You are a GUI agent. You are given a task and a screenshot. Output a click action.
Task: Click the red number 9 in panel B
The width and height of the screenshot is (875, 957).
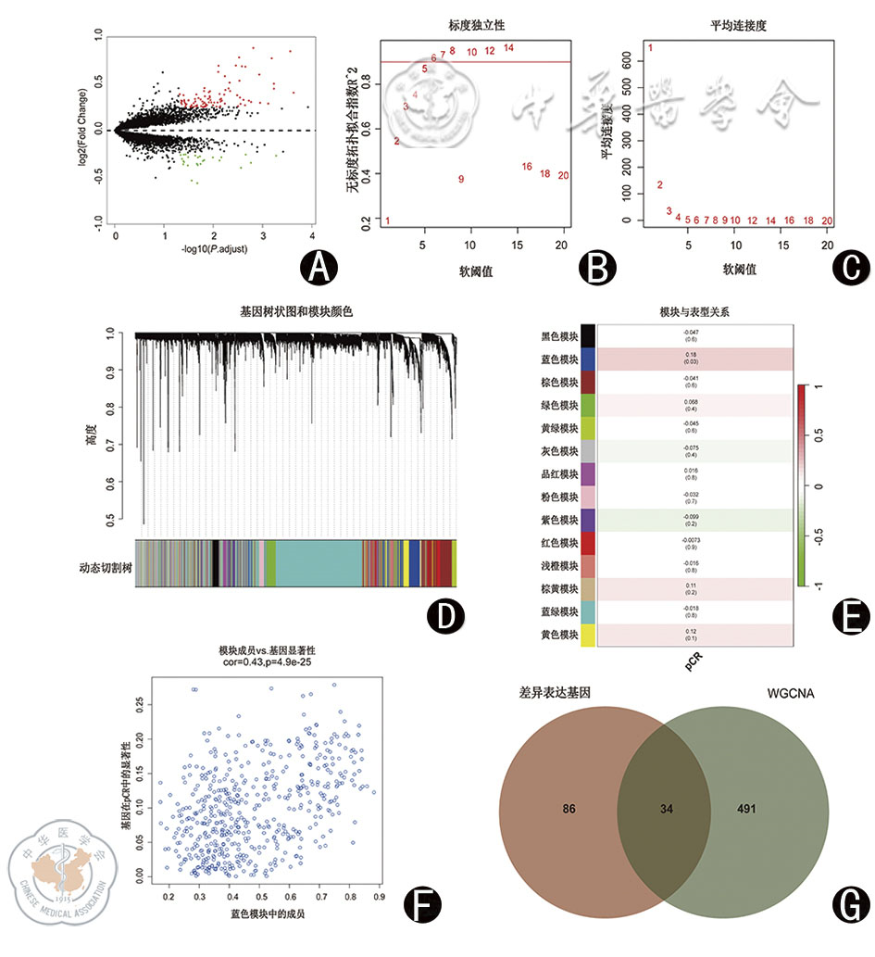pyautogui.click(x=460, y=179)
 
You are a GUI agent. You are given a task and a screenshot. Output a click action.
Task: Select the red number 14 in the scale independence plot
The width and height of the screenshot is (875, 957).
pyautogui.click(x=508, y=47)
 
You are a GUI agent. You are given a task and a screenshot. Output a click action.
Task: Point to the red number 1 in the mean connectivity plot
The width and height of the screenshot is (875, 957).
pyautogui.click(x=651, y=47)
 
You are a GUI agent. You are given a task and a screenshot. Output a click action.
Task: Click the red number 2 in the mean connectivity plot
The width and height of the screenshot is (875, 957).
pyautogui.click(x=659, y=185)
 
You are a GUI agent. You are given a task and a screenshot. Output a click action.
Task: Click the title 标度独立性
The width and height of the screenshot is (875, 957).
pyautogui.click(x=475, y=20)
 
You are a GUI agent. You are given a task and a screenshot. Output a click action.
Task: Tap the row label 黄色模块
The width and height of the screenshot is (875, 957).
pyautogui.click(x=559, y=635)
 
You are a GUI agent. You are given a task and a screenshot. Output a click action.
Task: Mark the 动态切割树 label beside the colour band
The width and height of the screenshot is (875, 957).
pyautogui.click(x=103, y=564)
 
